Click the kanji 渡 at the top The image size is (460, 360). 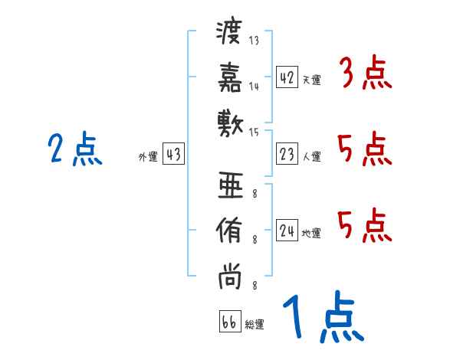coord(229,32)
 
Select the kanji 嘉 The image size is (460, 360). coord(229,77)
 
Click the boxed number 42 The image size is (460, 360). coord(287,77)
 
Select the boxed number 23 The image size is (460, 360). coord(287,155)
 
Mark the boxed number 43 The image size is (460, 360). coord(172,155)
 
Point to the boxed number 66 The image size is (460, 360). coord(228,322)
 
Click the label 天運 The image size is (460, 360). coord(311,80)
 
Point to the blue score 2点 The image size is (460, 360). coord(75,150)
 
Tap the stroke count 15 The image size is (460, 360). coord(255,133)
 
